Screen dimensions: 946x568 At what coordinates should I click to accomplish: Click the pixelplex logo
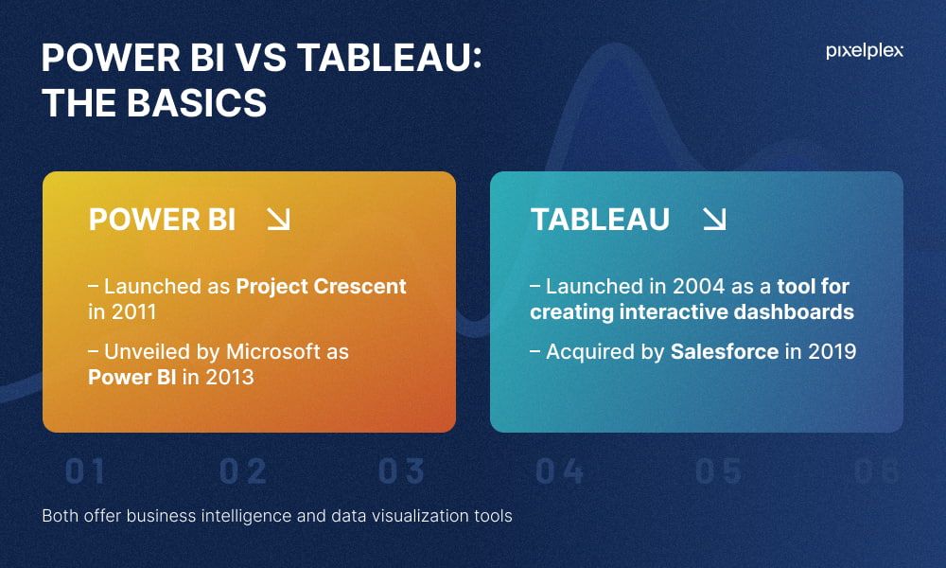coord(864,51)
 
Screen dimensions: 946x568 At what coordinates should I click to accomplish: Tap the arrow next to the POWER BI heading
coord(279,219)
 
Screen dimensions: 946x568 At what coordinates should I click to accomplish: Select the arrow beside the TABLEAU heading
coord(714,219)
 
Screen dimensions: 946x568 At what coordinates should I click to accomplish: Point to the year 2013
coord(230,378)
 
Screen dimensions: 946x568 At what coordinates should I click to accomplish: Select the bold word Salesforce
coord(725,351)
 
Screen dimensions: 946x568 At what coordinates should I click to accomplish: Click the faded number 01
coord(85,471)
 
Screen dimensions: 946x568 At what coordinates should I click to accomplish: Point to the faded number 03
coord(401,471)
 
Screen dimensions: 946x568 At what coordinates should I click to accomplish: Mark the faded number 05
coord(718,471)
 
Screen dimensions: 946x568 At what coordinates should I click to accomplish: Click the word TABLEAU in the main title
coord(384,58)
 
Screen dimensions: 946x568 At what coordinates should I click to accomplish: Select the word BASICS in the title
coord(197,102)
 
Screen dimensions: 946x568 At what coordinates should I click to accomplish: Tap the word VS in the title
coord(261,58)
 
